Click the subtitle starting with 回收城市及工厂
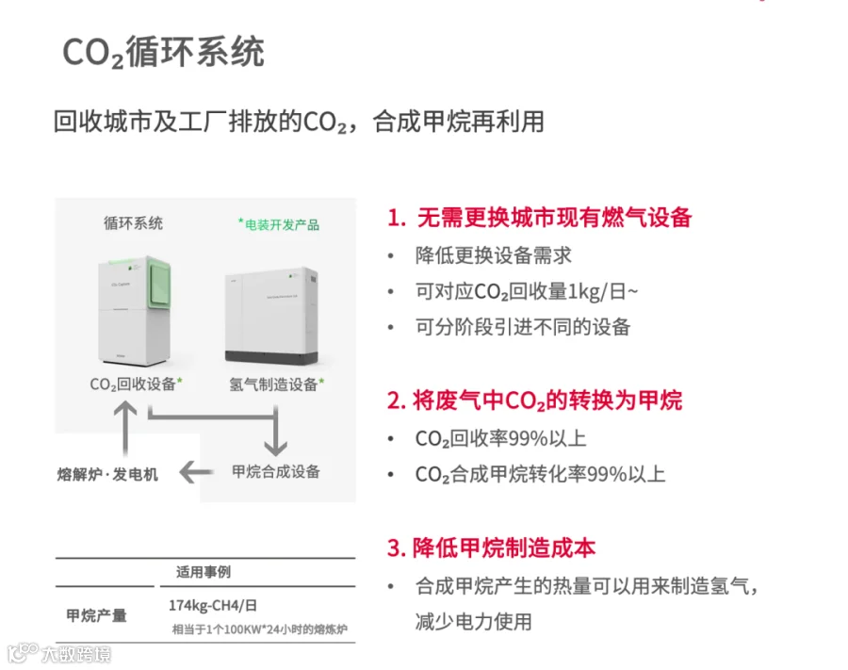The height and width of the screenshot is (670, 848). click(x=299, y=123)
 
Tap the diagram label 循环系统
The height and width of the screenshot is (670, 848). click(x=133, y=223)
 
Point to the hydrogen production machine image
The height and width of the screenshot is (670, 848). click(x=274, y=317)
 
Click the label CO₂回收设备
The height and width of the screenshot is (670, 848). click(x=136, y=384)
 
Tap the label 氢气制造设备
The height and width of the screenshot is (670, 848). click(x=276, y=384)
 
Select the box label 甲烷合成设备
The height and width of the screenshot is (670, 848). click(x=275, y=471)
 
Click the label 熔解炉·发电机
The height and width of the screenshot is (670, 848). click(x=107, y=474)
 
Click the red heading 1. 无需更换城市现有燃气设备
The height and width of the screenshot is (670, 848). click(x=539, y=218)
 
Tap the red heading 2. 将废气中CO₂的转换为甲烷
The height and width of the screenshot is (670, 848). click(x=534, y=400)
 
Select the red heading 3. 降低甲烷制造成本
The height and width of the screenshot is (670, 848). click(x=491, y=547)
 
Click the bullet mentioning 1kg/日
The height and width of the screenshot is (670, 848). click(x=526, y=291)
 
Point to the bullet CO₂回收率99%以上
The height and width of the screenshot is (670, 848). click(x=500, y=439)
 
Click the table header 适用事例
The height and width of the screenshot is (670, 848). click(x=204, y=572)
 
